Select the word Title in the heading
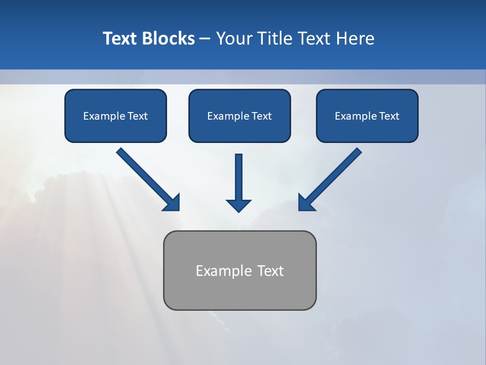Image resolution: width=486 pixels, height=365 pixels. pos(275,39)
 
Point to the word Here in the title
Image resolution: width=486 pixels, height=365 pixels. pos(356,39)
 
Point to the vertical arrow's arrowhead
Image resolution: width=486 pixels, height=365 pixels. pos(238,205)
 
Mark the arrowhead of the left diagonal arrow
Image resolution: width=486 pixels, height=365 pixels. pos(172,203)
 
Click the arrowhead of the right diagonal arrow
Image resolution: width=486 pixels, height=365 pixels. pos(306,203)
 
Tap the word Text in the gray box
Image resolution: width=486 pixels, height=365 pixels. pos(270,271)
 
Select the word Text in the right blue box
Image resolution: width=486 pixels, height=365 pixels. pos(389,116)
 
